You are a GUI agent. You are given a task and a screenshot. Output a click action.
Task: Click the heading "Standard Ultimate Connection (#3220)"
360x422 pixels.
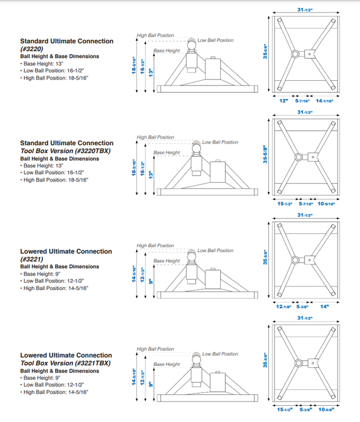tap(66, 45)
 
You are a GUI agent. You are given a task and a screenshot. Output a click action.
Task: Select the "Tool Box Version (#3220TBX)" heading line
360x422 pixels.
tap(66, 151)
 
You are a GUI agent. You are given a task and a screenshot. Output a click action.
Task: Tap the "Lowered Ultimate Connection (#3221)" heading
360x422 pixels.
tap(66, 255)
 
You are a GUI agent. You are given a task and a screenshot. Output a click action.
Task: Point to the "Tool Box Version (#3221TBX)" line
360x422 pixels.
tap(66, 364)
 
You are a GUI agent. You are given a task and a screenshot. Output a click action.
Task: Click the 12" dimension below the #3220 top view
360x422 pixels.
tap(283, 101)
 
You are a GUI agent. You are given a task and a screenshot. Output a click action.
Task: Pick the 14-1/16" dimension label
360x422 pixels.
tap(324, 101)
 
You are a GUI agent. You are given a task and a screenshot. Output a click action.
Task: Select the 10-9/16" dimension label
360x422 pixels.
tap(326, 204)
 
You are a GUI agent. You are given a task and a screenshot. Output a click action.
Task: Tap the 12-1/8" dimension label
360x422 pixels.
tap(283, 306)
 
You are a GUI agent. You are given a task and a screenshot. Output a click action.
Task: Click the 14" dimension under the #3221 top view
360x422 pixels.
tap(324, 306)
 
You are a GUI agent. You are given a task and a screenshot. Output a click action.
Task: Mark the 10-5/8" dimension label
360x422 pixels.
tap(326, 409)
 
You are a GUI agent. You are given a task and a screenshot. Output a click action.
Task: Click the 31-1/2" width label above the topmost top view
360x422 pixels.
tap(305, 10)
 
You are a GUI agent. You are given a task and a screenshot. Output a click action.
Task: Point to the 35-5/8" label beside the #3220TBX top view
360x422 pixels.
tap(265, 154)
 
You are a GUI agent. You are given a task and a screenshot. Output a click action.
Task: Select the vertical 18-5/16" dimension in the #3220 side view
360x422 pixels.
tap(134, 65)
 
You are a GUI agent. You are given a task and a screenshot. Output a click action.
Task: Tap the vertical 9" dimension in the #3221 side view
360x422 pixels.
tap(151, 281)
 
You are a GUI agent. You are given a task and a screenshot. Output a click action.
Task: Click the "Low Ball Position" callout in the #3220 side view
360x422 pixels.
tap(215, 40)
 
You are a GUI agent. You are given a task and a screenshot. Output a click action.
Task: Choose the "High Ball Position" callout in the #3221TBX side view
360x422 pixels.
tap(156, 349)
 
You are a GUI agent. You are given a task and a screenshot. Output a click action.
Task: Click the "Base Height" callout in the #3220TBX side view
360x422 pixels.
tap(166, 153)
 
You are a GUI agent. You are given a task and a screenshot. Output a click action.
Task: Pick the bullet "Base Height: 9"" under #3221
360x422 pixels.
tap(40, 274)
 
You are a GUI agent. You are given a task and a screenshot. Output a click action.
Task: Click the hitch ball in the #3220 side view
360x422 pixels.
tap(191, 45)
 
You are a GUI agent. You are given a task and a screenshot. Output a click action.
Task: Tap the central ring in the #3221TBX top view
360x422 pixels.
tap(298, 363)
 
